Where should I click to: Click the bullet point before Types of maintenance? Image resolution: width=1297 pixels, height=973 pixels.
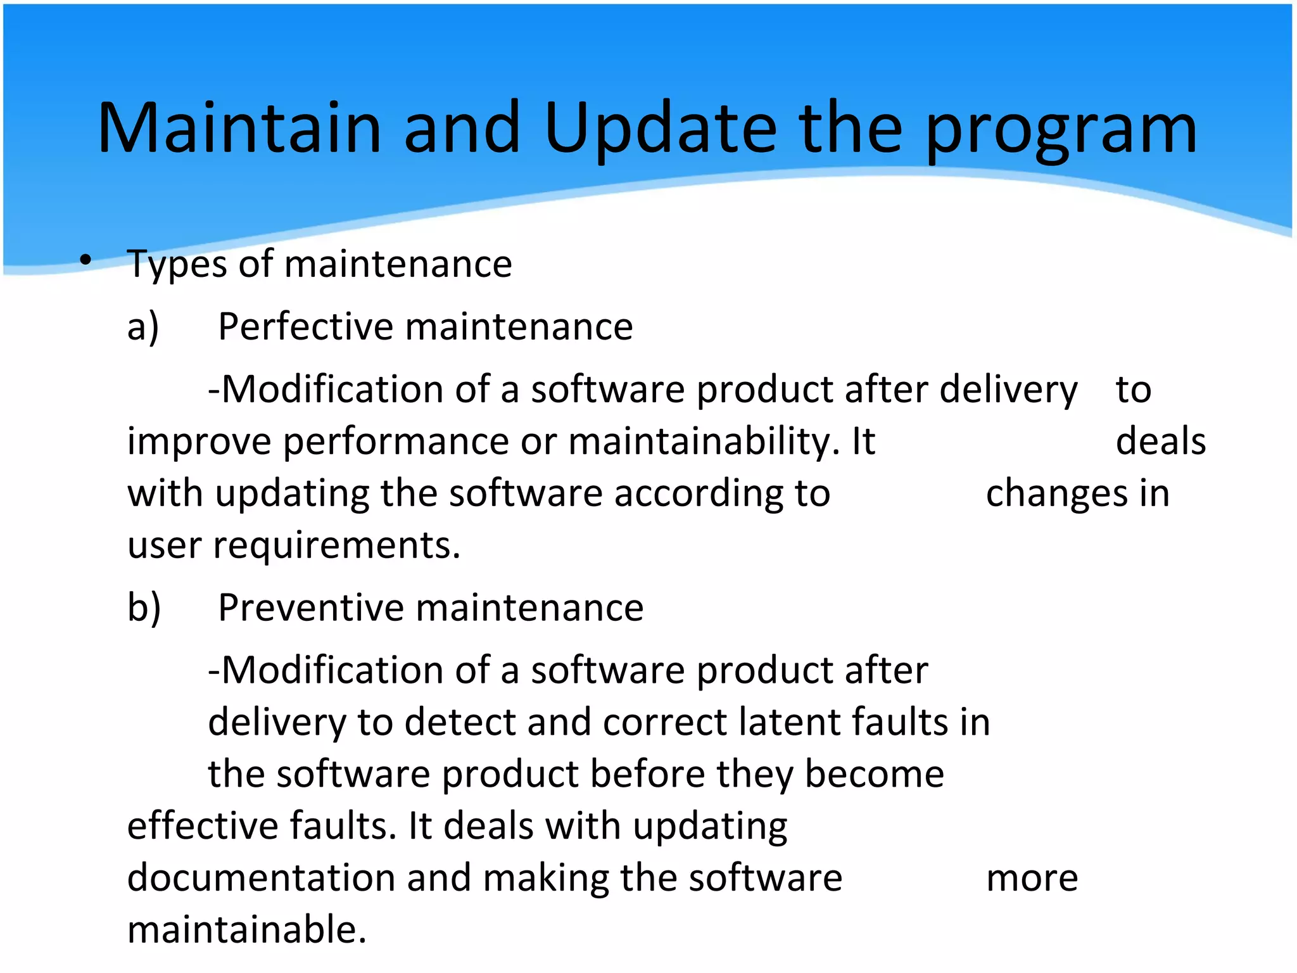tap(86, 260)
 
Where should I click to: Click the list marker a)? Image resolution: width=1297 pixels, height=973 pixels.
tap(143, 328)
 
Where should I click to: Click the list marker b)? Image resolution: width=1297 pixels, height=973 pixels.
tap(144, 608)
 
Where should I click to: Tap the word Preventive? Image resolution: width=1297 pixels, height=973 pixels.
tap(310, 608)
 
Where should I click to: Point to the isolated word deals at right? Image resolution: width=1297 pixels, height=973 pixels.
tap(1160, 442)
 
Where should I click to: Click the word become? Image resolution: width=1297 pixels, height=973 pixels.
tap(874, 775)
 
